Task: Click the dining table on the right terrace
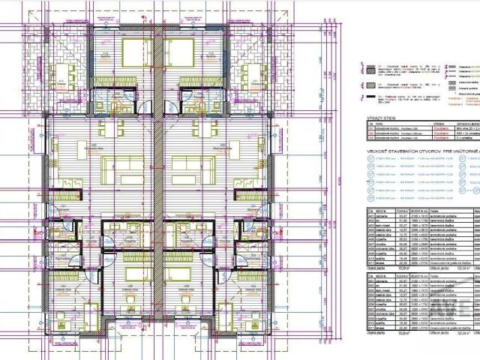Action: click(253, 73)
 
